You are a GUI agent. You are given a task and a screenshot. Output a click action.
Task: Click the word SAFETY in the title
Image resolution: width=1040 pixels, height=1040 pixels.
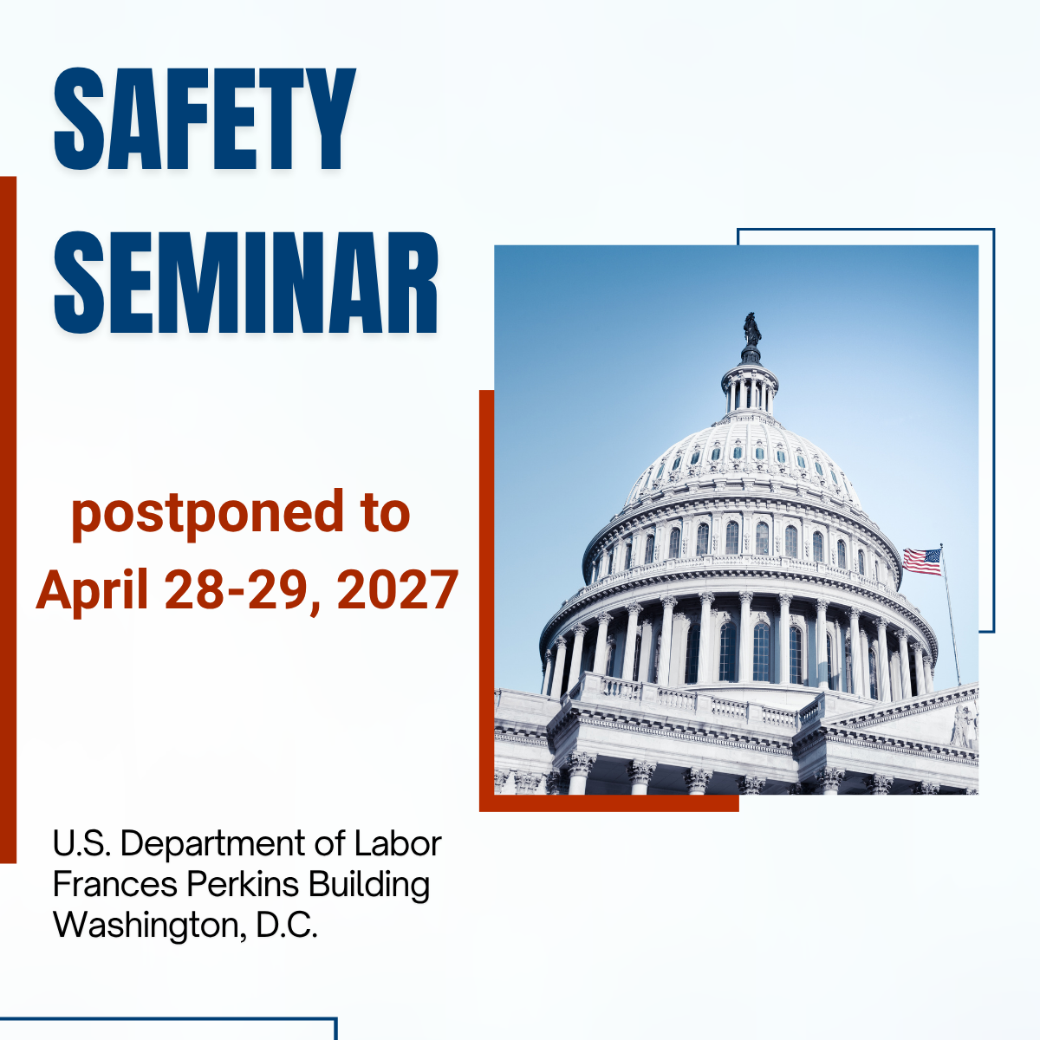[205, 119]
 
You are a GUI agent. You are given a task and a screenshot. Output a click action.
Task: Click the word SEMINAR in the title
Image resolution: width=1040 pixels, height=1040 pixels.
[245, 283]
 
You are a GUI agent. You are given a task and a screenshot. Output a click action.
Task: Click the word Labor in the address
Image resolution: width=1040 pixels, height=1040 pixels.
[398, 843]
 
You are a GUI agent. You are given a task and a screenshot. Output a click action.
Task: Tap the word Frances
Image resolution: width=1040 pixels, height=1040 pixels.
[115, 885]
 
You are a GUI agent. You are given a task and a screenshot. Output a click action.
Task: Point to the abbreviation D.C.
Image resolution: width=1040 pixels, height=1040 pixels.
[286, 926]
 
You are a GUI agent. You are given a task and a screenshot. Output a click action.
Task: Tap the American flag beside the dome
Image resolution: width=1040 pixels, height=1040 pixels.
[922, 562]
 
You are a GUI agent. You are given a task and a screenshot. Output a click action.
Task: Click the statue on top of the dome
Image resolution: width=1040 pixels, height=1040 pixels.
[751, 330]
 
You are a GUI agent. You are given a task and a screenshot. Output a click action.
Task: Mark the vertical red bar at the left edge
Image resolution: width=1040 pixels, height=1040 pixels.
[8, 520]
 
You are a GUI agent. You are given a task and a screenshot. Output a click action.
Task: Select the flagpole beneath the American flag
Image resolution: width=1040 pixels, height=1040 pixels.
[951, 615]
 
